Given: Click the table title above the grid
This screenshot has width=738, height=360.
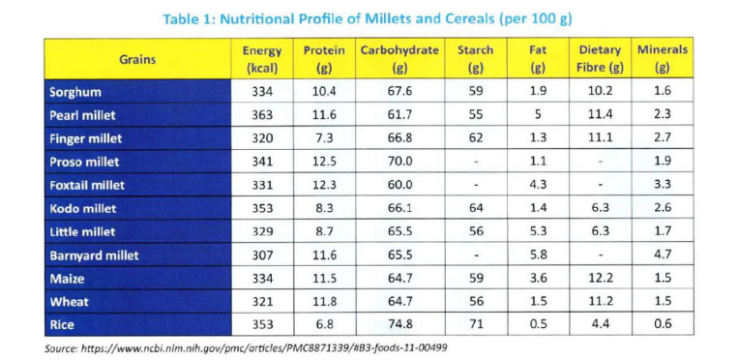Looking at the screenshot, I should point(369,18).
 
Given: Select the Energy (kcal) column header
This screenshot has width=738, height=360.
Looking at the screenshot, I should point(262,59).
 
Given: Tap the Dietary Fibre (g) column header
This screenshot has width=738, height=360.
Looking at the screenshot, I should point(600,59).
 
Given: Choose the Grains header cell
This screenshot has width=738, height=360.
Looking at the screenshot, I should point(137,59).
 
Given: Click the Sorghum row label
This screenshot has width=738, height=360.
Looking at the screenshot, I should point(76,92).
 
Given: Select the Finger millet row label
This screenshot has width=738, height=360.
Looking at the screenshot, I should point(86,138).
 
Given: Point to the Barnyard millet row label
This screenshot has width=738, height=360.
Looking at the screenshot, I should point(94,255).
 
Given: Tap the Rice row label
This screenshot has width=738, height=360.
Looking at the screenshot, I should point(63,325).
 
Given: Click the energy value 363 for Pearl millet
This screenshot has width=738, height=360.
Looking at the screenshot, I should point(262,115).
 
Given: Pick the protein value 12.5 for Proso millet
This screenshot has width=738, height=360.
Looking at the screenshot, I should point(324,162).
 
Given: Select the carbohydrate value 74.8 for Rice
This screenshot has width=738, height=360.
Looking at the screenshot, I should point(399,325).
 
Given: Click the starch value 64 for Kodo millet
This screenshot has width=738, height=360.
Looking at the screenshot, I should point(475,208).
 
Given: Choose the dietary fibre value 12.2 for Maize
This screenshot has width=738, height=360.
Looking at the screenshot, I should point(600,279).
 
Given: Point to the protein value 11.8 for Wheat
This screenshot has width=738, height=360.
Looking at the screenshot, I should point(324,302).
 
